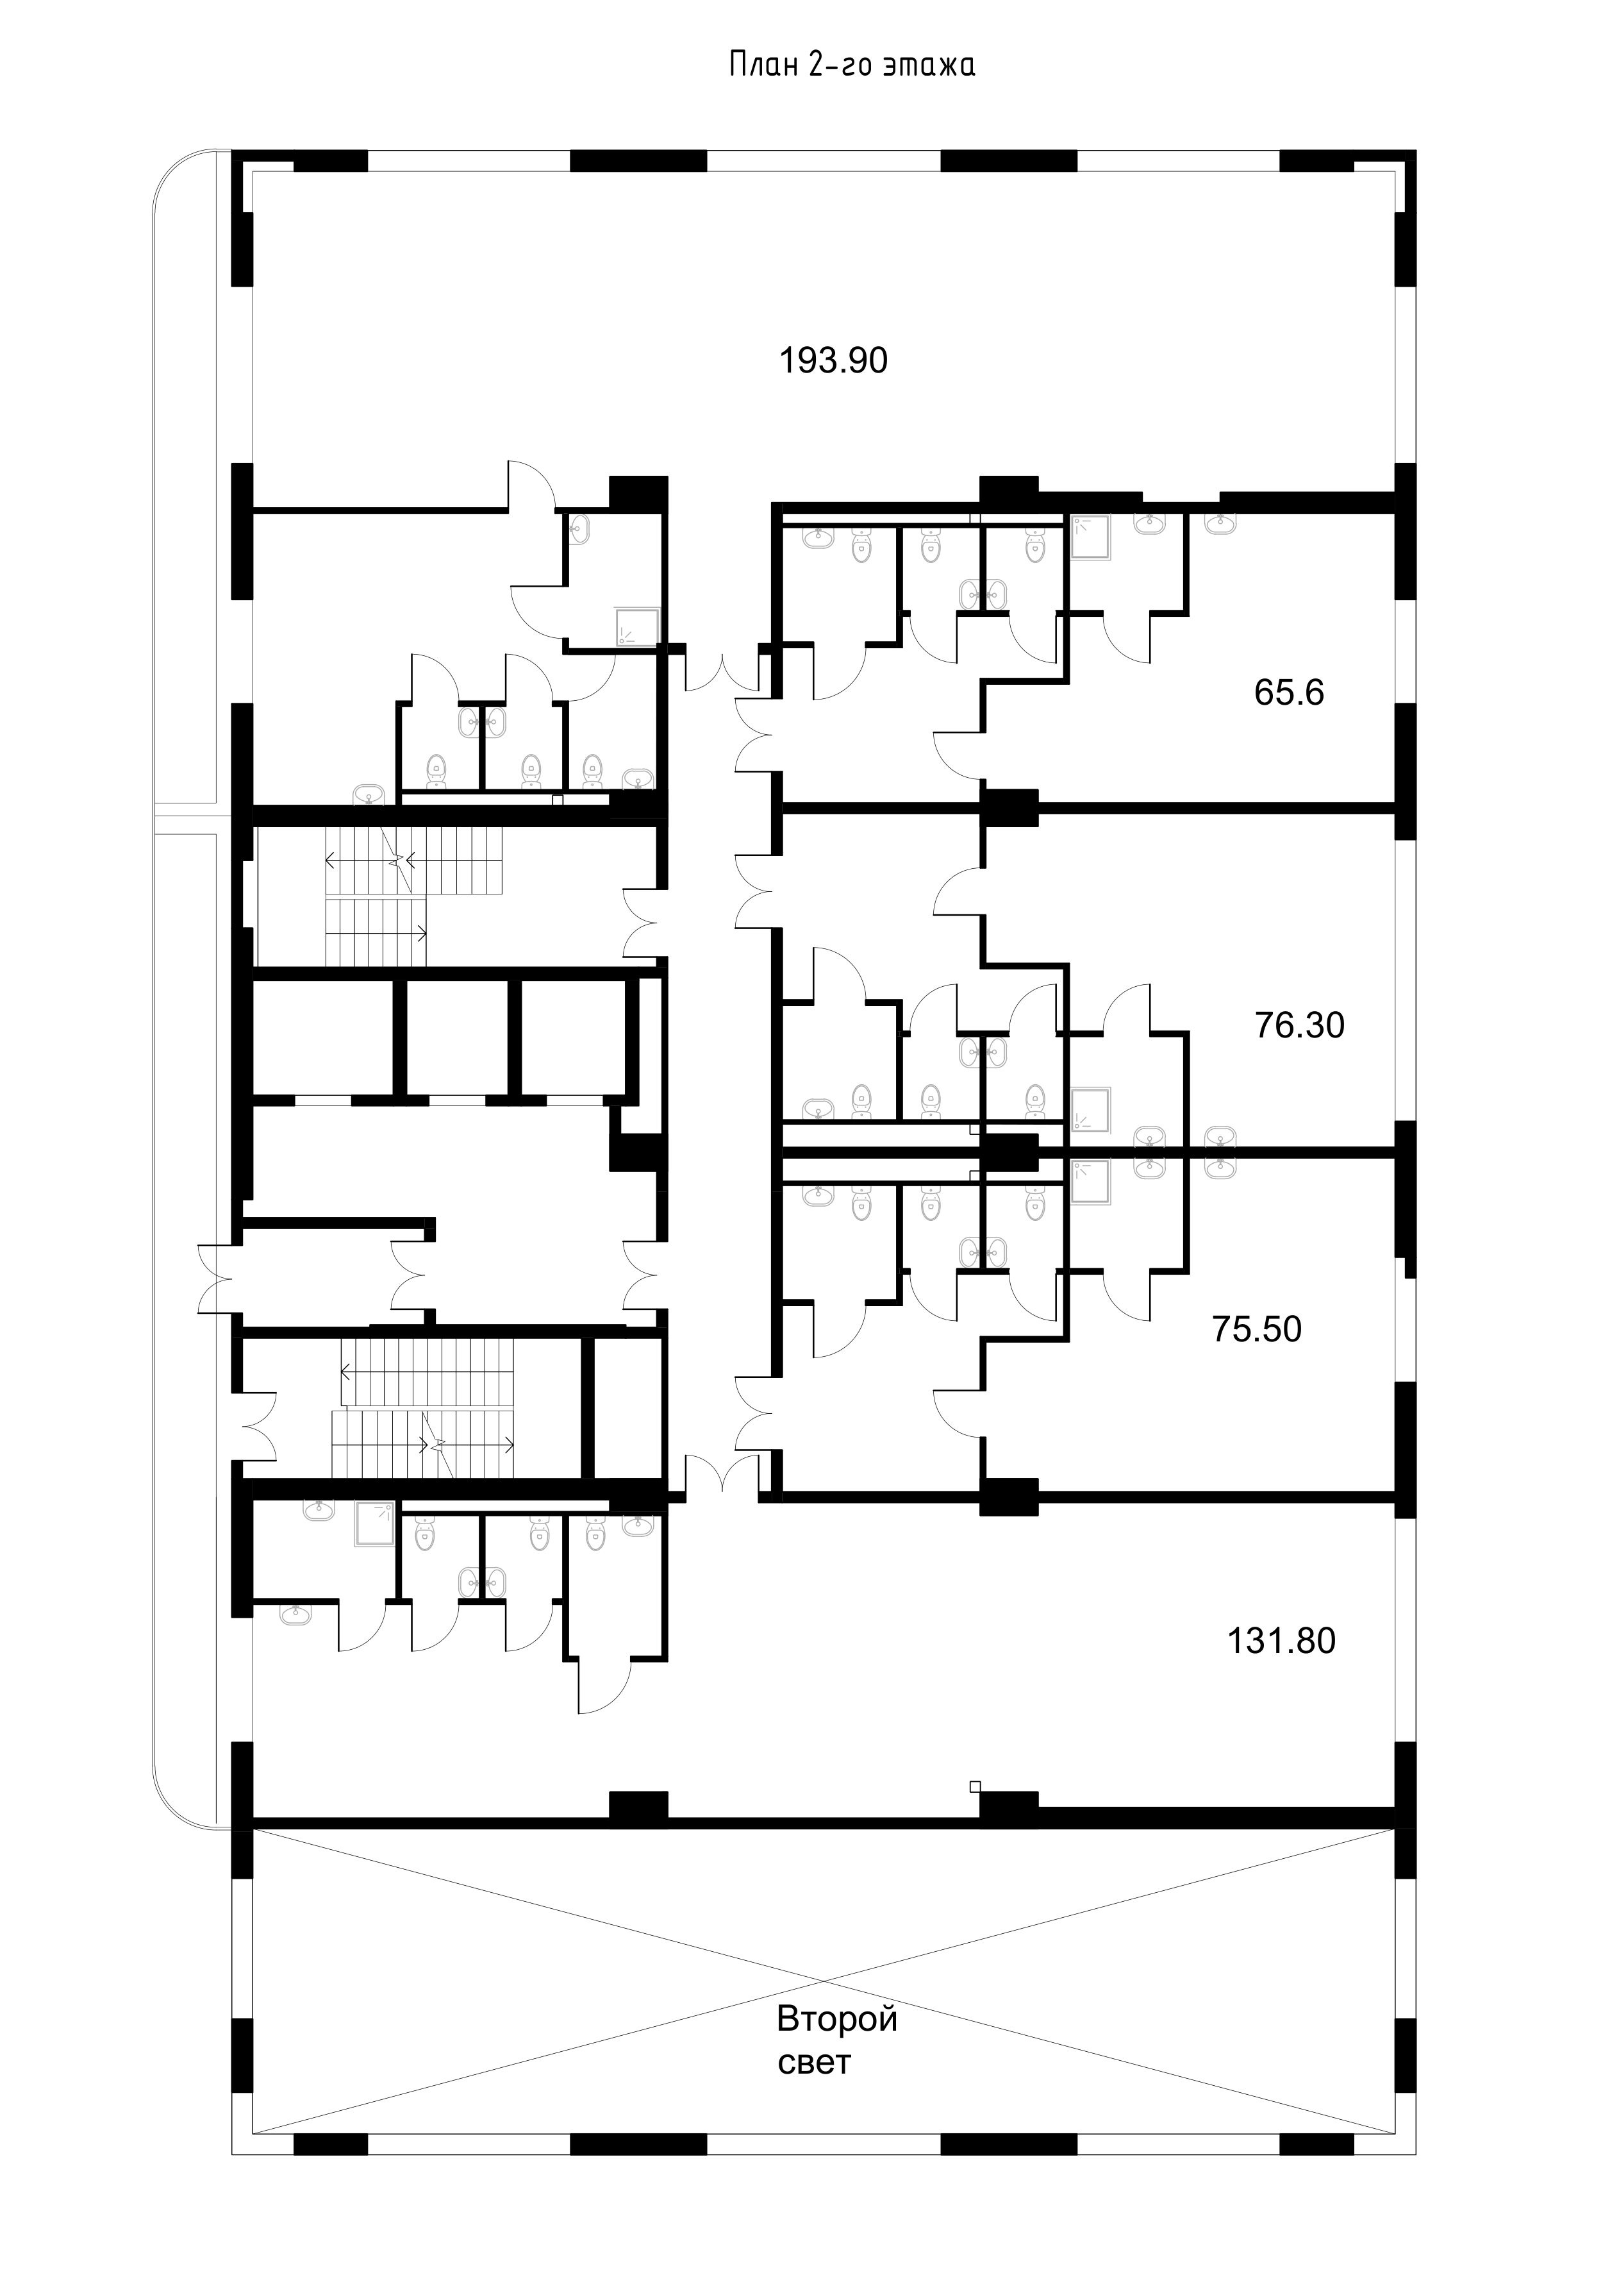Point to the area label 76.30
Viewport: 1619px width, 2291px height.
1300,1025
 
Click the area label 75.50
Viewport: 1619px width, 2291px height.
1257,1329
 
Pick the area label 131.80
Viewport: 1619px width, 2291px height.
1281,1640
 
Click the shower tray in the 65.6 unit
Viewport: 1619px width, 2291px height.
1090,537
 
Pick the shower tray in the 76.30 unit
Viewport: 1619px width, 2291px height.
1090,1109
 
